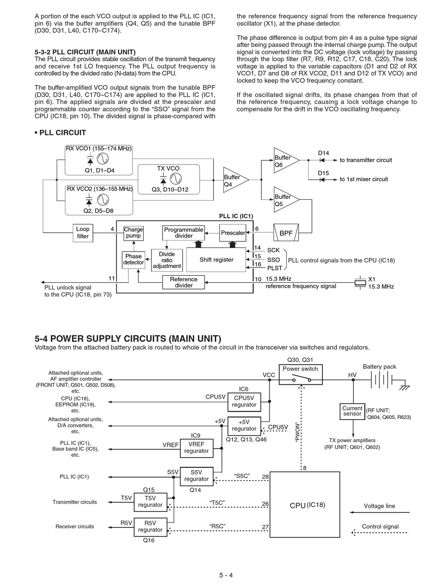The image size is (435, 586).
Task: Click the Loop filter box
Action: [83, 233]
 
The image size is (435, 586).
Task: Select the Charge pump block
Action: [133, 233]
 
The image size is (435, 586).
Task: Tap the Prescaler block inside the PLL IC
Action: [233, 233]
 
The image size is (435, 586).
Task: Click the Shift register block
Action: [216, 260]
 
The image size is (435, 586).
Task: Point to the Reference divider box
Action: [184, 282]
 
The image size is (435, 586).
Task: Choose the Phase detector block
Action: [133, 260]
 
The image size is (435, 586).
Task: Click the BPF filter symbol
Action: [286, 232]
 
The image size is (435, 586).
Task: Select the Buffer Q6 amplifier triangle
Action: [287, 160]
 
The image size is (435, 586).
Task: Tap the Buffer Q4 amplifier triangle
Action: [236, 180]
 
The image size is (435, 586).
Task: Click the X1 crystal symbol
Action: [360, 282]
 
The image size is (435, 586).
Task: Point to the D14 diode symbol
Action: [322, 160]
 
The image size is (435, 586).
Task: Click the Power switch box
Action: [300, 374]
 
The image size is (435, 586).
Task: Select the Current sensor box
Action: [352, 411]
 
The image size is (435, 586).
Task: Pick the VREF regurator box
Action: [196, 449]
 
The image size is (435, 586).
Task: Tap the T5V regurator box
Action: [150, 502]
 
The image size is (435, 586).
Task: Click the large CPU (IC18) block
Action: [304, 504]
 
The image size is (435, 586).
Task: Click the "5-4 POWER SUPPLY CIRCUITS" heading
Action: [128, 339]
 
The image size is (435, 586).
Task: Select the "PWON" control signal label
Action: [297, 433]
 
